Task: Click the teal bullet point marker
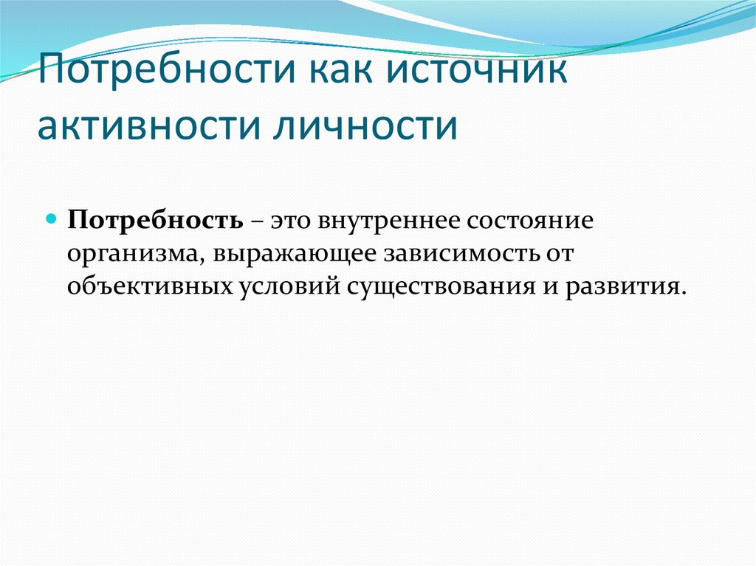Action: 52,220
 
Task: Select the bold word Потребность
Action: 155,221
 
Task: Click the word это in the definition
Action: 290,221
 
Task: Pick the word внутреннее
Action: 389,221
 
